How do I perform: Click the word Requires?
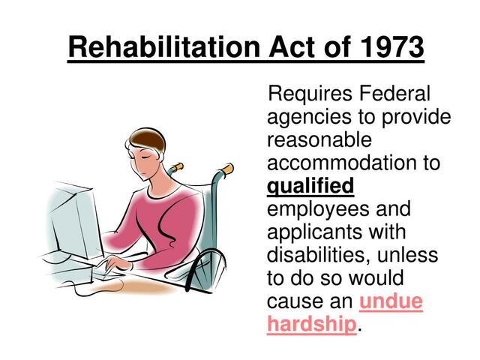pyautogui.click(x=311, y=94)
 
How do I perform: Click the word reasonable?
pyautogui.click(x=319, y=140)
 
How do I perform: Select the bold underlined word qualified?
pyautogui.click(x=310, y=187)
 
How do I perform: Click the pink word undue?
pyautogui.click(x=391, y=301)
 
